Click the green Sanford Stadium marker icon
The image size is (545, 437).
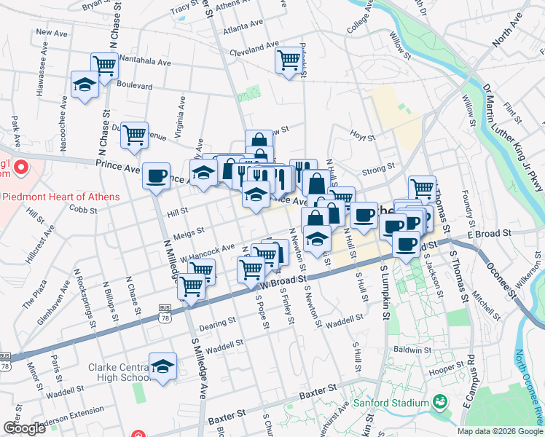point(439,402)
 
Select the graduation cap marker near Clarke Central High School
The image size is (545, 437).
point(163,367)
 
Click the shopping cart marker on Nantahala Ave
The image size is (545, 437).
point(105,66)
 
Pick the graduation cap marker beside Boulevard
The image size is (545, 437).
point(85,85)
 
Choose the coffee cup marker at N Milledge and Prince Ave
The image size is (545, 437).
point(156,176)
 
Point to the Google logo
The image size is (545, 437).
point(24,428)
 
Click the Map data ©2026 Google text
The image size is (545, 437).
point(500,431)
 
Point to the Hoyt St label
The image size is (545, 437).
point(361,137)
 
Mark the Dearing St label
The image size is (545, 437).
point(219,320)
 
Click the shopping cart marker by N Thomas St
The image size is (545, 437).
point(422,188)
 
